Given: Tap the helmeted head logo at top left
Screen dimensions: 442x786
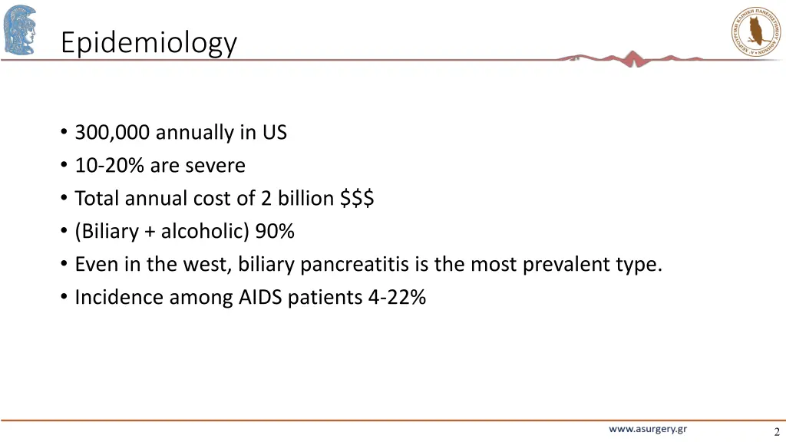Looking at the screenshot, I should point(20,29).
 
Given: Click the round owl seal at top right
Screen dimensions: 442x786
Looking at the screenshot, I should point(755,31).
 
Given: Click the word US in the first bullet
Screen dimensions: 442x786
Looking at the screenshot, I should point(274,133).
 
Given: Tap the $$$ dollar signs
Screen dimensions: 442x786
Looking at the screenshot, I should point(357,199).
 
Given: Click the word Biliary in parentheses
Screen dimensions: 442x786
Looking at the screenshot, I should point(108,232).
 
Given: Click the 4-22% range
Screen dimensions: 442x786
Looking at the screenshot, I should point(396,298).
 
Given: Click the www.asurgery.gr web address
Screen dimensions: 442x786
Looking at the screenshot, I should point(648,430).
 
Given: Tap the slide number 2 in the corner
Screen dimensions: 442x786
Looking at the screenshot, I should point(776,431).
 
